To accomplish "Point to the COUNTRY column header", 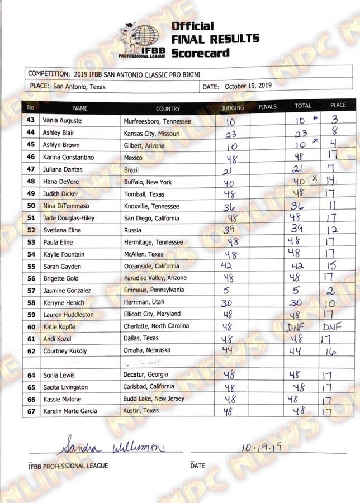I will (x=168, y=108).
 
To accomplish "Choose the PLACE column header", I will (x=338, y=105).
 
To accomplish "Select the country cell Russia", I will (x=132, y=230).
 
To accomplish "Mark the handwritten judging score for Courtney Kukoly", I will (x=226, y=350).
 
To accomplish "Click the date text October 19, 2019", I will (x=248, y=87).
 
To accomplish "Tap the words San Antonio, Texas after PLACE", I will (x=79, y=87).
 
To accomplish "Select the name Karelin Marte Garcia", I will (x=70, y=411).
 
